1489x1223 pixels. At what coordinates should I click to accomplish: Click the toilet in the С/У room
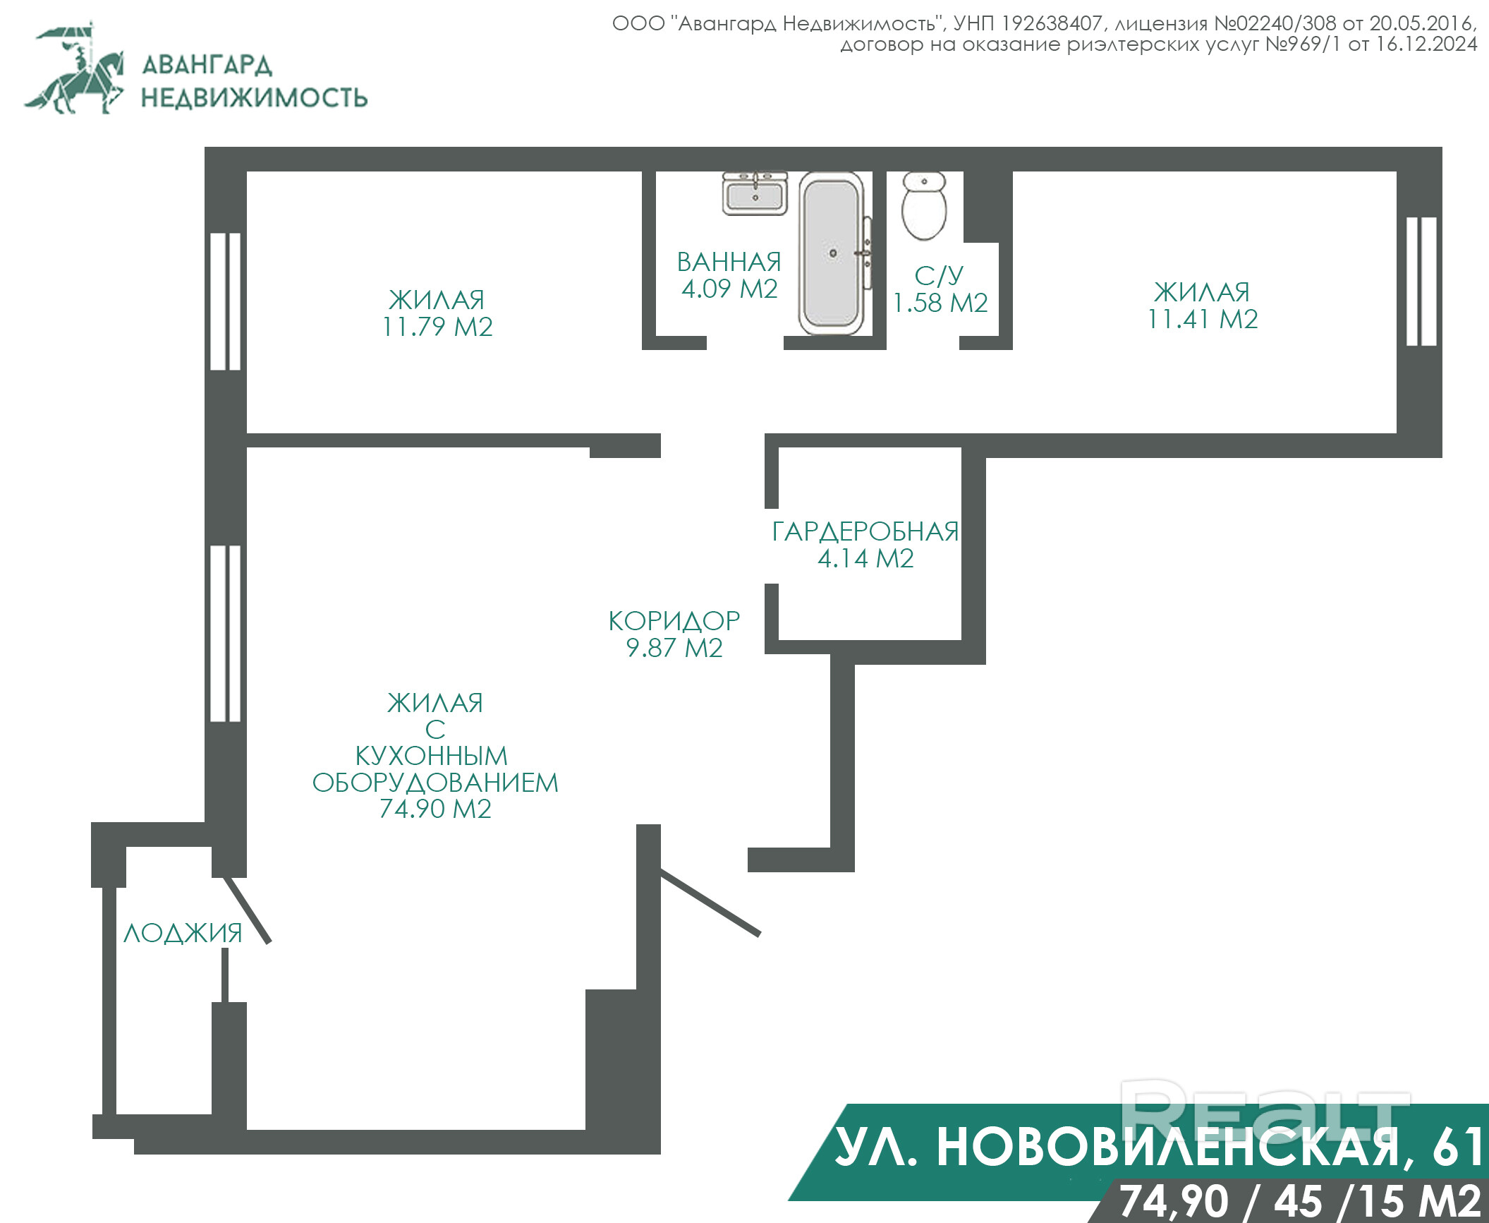pyautogui.click(x=924, y=206)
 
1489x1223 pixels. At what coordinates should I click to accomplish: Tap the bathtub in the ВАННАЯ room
pyautogui.click(x=832, y=253)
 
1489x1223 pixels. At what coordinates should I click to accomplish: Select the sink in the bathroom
pyautogui.click(x=755, y=193)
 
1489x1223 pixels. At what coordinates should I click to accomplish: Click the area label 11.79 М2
pyautogui.click(x=437, y=327)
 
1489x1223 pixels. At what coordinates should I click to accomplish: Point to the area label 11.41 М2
pyautogui.click(x=1203, y=320)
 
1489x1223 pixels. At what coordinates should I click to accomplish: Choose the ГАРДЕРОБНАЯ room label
pyautogui.click(x=865, y=532)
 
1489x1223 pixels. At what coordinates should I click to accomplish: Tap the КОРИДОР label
pyautogui.click(x=674, y=621)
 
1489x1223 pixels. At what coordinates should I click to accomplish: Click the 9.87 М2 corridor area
pyautogui.click(x=674, y=648)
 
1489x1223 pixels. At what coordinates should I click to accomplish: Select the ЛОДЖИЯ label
pyautogui.click(x=183, y=934)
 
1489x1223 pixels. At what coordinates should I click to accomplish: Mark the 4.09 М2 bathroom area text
pyautogui.click(x=729, y=289)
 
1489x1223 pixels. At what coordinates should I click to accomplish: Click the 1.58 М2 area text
pyautogui.click(x=940, y=303)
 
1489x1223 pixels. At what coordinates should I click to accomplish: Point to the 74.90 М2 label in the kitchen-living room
pyautogui.click(x=435, y=809)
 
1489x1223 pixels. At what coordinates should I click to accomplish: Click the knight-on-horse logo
pyautogui.click(x=74, y=68)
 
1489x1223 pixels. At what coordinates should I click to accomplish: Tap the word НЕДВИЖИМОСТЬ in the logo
pyautogui.click(x=254, y=97)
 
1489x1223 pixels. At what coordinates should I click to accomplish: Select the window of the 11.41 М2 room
pyautogui.click(x=1421, y=281)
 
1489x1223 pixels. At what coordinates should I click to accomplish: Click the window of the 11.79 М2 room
pyautogui.click(x=226, y=301)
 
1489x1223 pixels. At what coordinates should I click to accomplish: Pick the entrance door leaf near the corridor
pyautogui.click(x=710, y=903)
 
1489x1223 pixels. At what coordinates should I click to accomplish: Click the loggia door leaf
pyautogui.click(x=247, y=910)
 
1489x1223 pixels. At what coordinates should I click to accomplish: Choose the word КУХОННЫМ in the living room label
pyautogui.click(x=432, y=756)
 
